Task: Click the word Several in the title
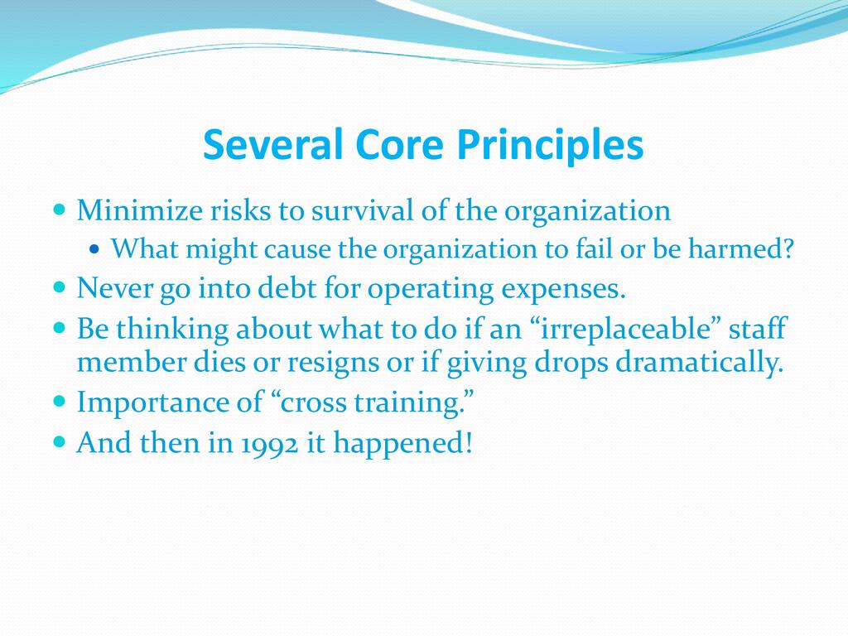pyautogui.click(x=273, y=144)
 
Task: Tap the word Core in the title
pyautogui.click(x=399, y=144)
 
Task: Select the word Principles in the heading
pyautogui.click(x=550, y=146)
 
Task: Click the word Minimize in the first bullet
pyautogui.click(x=139, y=210)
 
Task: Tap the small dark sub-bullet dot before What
pyautogui.click(x=94, y=249)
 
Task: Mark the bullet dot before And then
pyautogui.click(x=60, y=442)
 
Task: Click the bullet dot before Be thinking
pyautogui.click(x=60, y=327)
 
